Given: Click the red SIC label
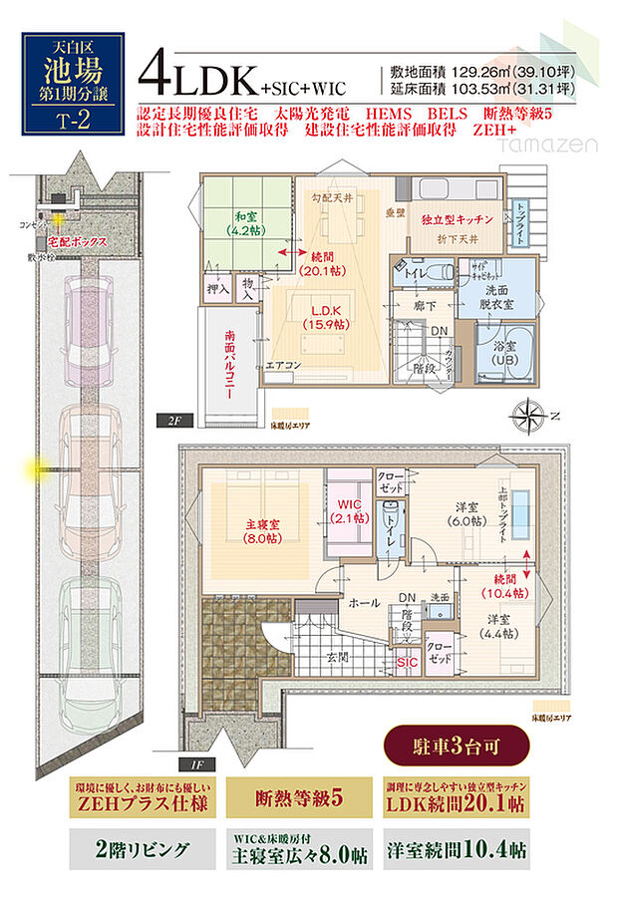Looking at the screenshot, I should pos(407,662).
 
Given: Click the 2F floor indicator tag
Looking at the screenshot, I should pos(172,421).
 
